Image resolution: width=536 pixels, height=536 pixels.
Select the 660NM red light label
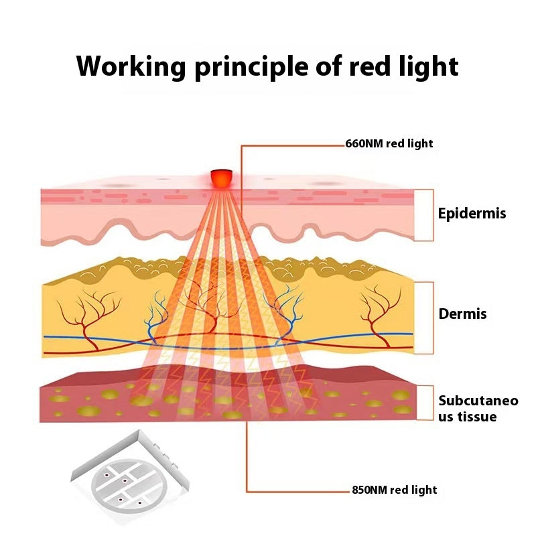(x=389, y=143)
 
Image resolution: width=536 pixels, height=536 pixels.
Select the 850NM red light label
(x=394, y=490)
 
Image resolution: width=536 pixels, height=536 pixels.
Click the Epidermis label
(x=472, y=214)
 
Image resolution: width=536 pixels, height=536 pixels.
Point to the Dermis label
(x=462, y=314)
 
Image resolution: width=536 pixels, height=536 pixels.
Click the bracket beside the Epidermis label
(x=425, y=214)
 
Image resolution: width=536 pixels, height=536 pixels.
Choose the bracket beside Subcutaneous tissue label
(x=425, y=403)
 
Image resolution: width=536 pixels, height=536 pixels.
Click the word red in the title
(x=370, y=66)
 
